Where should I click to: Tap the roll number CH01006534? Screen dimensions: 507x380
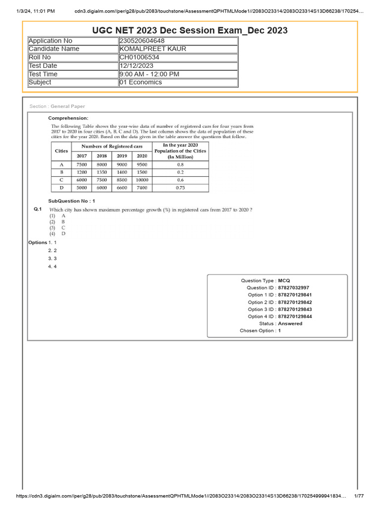coord(140,57)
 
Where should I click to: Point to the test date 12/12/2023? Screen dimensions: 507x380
coord(137,66)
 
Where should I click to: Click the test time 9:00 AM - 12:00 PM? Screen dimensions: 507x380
coord(149,74)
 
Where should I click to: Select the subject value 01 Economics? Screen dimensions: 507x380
coord(141,82)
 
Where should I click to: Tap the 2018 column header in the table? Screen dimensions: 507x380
coord(102,155)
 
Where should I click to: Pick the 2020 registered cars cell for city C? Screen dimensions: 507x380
coord(142,180)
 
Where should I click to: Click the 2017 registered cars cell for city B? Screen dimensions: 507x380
coord(82,172)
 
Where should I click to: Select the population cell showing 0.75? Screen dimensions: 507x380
coord(180,188)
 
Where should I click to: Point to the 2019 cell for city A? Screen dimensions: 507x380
coord(122,164)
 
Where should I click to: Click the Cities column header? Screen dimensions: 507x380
coord(61,151)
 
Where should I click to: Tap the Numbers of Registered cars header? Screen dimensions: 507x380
coord(112,147)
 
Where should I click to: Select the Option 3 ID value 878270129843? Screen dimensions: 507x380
coord(295,309)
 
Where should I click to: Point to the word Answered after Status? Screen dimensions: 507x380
coord(290,324)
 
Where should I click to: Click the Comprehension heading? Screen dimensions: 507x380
coord(68,118)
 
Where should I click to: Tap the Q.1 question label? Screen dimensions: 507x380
coord(38,210)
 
